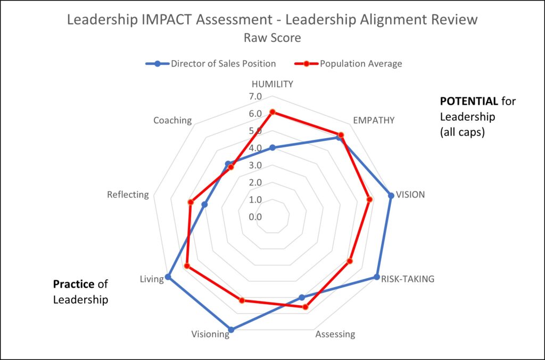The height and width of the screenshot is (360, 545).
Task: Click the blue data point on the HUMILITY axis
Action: tap(272, 148)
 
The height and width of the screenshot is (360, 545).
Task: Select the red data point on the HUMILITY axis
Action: tap(272, 112)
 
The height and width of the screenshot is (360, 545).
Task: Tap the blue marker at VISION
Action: tap(391, 195)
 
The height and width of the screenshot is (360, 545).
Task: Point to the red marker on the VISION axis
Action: tap(369, 199)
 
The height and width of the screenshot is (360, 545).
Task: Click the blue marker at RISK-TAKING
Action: tap(377, 277)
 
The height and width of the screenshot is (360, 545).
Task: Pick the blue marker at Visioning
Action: tap(231, 330)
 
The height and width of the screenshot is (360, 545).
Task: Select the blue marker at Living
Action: tap(168, 277)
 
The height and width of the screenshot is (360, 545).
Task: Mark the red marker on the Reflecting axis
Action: tap(190, 202)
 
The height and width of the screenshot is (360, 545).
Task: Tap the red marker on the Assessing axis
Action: tap(305, 307)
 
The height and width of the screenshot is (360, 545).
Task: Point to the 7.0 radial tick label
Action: tap(255, 97)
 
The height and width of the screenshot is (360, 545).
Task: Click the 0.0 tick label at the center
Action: tap(255, 217)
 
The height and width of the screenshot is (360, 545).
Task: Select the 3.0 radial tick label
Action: tap(255, 165)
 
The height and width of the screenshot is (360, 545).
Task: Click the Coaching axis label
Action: tap(172, 120)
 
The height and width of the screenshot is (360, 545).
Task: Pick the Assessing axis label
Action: tap(335, 334)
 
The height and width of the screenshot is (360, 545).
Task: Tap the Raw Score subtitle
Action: tap(272, 38)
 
